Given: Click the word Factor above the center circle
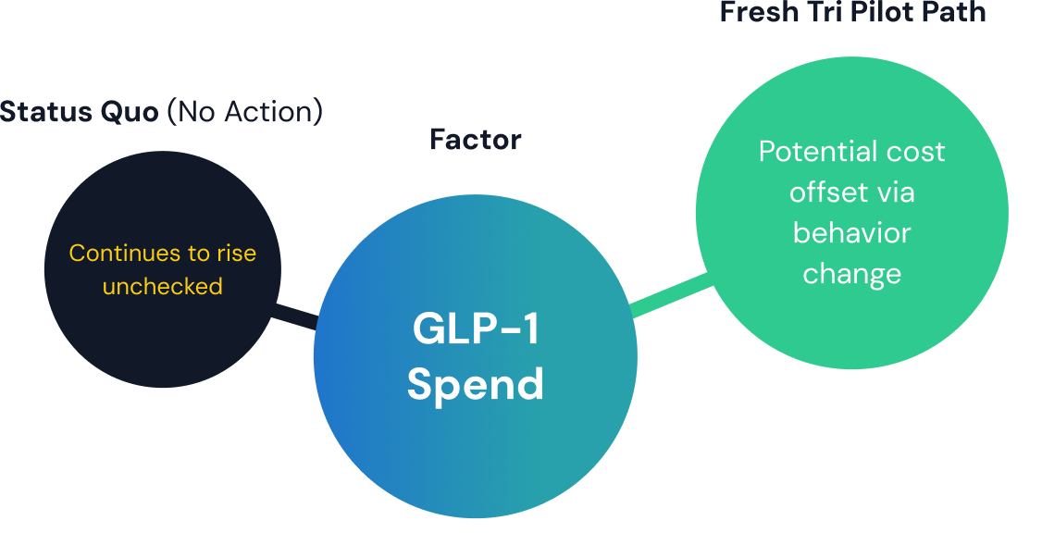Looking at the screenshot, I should (x=476, y=140).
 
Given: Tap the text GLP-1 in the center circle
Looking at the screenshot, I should (x=476, y=329).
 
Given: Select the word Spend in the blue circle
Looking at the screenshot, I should (x=476, y=384).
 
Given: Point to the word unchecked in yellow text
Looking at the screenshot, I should (x=163, y=286).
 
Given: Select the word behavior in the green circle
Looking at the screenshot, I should (x=851, y=232).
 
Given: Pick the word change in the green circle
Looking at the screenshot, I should (x=851, y=273).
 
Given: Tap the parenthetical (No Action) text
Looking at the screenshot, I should (x=244, y=113).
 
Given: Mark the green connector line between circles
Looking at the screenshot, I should (x=672, y=294).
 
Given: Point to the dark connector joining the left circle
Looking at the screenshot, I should (x=295, y=316).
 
